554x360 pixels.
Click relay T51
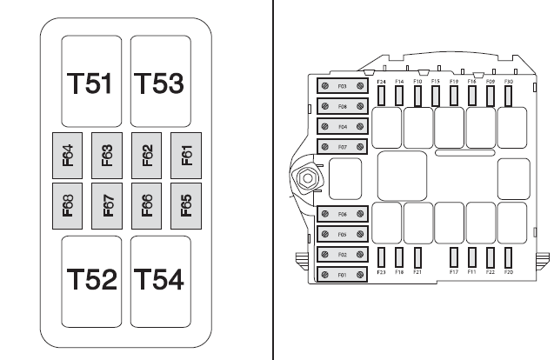[91, 83]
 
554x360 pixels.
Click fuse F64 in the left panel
[68, 155]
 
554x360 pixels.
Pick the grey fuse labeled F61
[186, 155]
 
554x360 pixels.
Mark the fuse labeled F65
[186, 205]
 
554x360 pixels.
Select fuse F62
[147, 155]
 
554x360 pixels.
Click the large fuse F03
[342, 88]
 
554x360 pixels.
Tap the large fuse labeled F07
[342, 146]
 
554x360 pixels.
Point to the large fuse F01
[342, 276]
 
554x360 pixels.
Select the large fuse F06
[342, 214]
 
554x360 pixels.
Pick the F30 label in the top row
[509, 81]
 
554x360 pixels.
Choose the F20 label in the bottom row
[509, 273]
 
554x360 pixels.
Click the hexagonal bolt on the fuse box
[307, 180]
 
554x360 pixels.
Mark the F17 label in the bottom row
[454, 273]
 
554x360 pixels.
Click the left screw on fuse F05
[324, 235]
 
